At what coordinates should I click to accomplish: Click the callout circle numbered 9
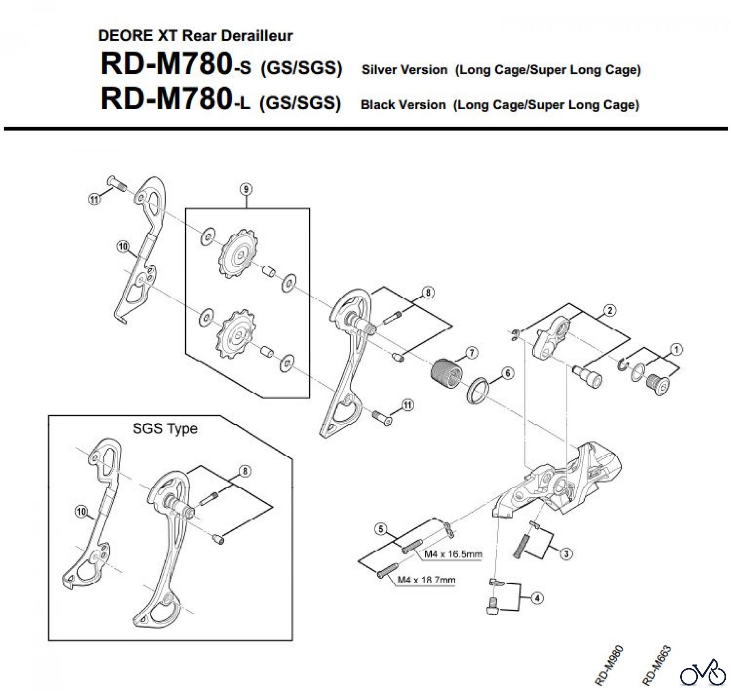[246, 189]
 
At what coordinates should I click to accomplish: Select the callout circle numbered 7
[471, 353]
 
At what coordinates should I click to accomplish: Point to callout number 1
[677, 349]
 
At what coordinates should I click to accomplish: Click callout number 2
[610, 311]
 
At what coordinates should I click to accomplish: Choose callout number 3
[567, 553]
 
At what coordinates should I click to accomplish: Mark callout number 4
[537, 598]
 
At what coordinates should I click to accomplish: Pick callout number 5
[381, 529]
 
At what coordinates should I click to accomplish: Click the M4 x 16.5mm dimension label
[453, 554]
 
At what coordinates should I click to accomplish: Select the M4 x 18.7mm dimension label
[426, 580]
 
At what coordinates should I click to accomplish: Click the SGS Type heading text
[165, 429]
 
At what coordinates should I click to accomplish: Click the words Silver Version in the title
[404, 70]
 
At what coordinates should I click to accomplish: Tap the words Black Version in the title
[403, 105]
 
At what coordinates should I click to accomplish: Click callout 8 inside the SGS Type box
[245, 471]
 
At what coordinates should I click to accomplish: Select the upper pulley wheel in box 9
[237, 255]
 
